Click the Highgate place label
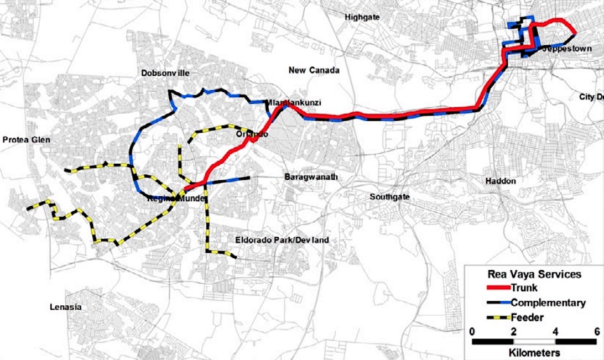[x=362, y=17]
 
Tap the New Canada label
[x=314, y=70]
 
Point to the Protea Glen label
[x=25, y=140]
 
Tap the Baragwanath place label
[x=311, y=178]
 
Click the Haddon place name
[x=501, y=181]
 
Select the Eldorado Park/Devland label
[x=282, y=240]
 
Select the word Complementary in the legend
[x=548, y=302]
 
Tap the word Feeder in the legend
[x=528, y=317]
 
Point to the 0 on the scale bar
[x=472, y=331]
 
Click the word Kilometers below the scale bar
[x=533, y=352]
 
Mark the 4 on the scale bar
[x=555, y=331]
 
